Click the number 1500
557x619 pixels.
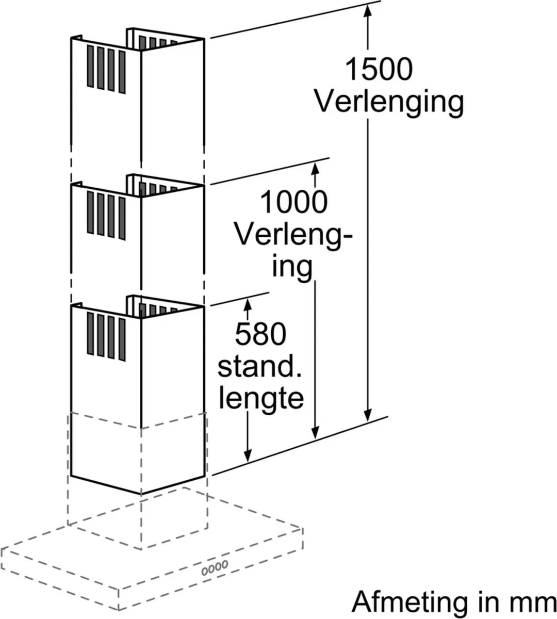coord(379,69)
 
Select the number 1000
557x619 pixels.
coord(294,202)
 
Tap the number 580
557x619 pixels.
coord(260,334)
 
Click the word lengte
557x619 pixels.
coord(261,400)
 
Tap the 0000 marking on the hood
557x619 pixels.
coord(215,567)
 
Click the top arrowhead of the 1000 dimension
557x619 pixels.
coord(315,169)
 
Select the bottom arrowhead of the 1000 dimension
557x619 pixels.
coord(315,432)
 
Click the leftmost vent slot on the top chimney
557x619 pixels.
coord(90,67)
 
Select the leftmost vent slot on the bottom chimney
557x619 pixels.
coord(90,333)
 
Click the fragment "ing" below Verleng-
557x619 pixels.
coord(292,268)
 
